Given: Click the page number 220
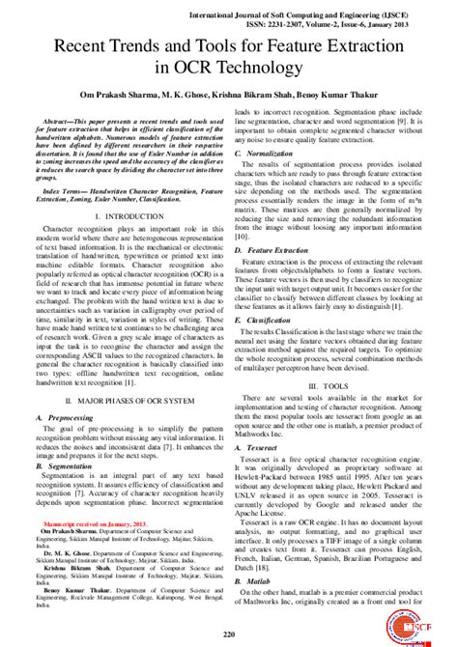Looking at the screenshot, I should (x=230, y=633).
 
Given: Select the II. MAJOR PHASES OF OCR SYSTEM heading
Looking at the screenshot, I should (x=122, y=398).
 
